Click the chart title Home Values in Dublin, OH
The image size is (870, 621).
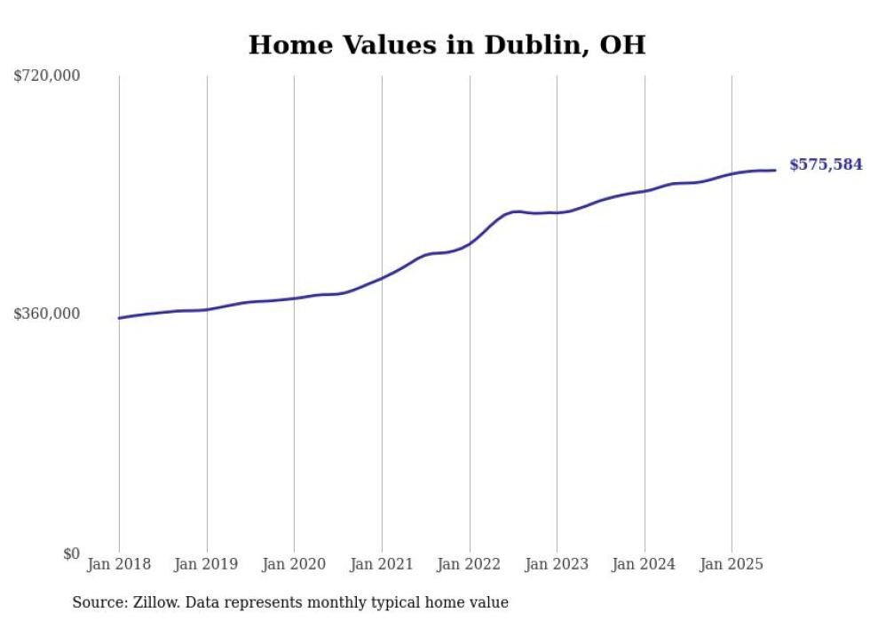tap(447, 44)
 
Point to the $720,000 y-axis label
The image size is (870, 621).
tap(47, 76)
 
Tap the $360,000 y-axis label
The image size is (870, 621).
tap(47, 314)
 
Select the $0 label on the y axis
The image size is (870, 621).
tap(72, 553)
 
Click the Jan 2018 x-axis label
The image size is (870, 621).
tap(119, 564)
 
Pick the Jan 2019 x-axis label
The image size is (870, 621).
tap(206, 564)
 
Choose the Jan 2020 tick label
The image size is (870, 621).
tap(294, 564)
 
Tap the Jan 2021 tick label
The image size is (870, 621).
tap(382, 564)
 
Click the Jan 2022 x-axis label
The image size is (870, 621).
tap(470, 564)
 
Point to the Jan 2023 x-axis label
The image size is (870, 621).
tap(557, 564)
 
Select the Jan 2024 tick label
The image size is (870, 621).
tap(645, 564)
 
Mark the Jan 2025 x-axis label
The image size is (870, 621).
tap(732, 564)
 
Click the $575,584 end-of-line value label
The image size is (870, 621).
tap(826, 165)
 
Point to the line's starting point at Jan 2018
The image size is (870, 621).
tap(119, 318)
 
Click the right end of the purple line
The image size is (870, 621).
tap(776, 170)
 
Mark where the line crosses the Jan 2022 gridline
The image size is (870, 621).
tap(470, 243)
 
